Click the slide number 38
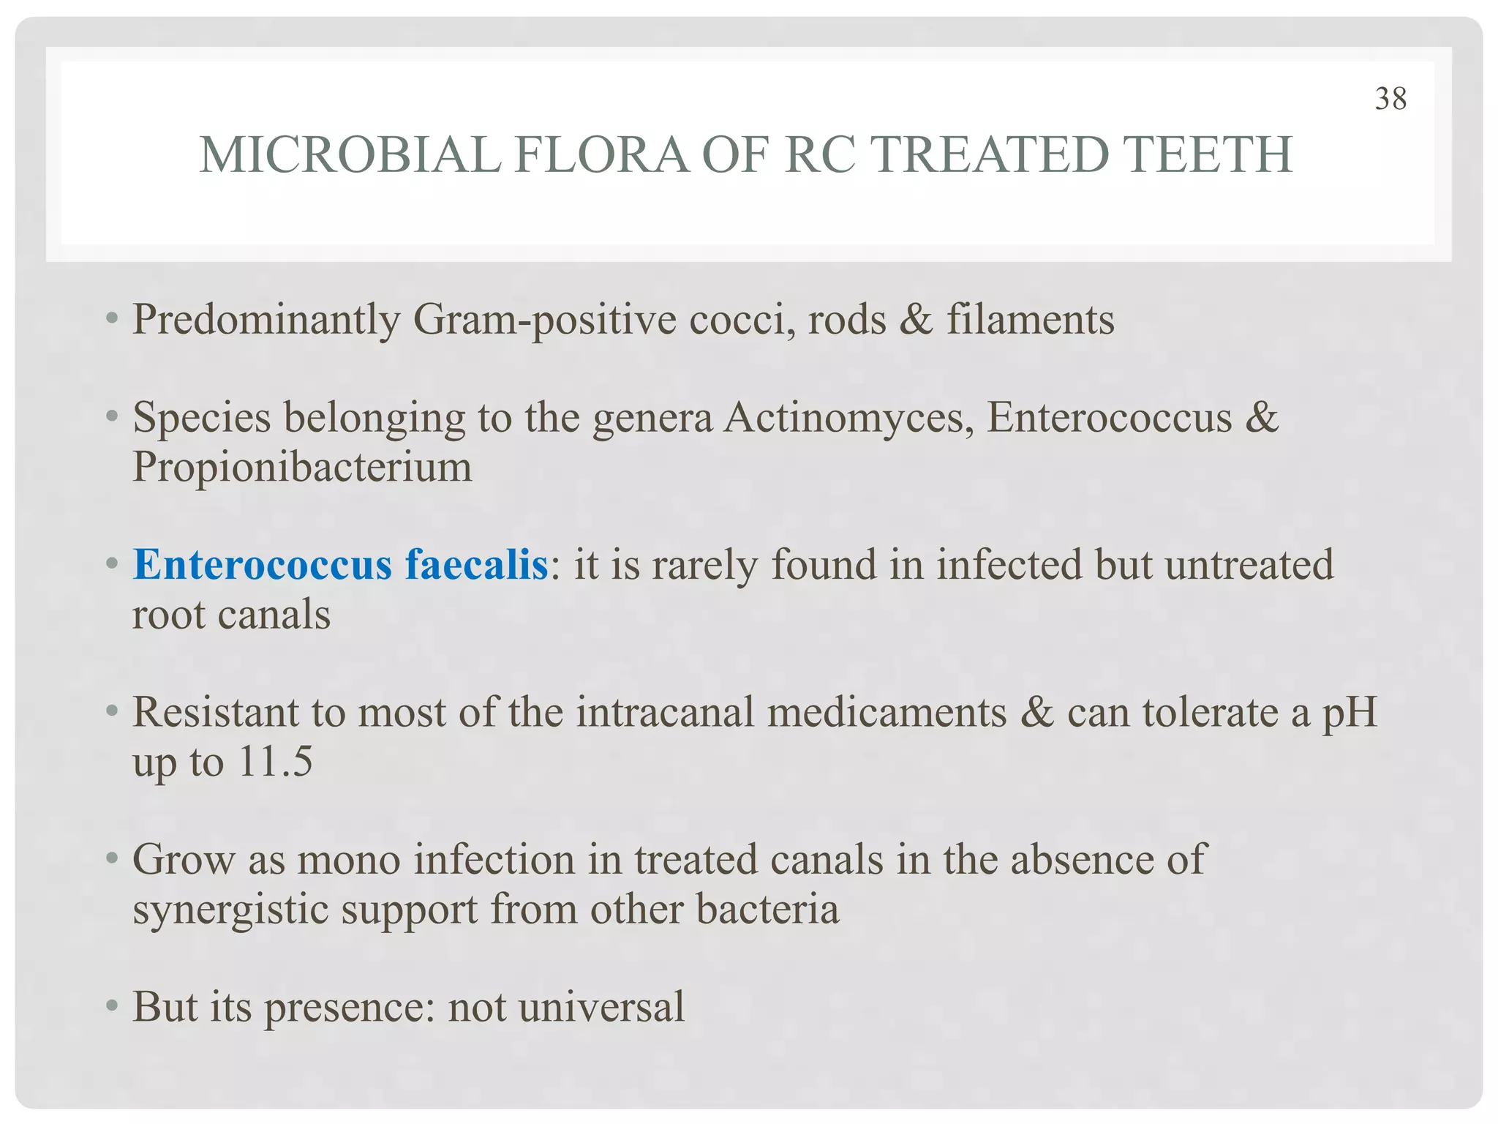pos(1390,99)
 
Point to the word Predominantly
pos(266,320)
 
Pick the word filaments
pos(1031,320)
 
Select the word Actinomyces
pos(848,418)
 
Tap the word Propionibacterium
pos(302,467)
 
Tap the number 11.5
pos(276,762)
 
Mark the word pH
pos(1350,712)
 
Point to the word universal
pos(602,1007)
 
